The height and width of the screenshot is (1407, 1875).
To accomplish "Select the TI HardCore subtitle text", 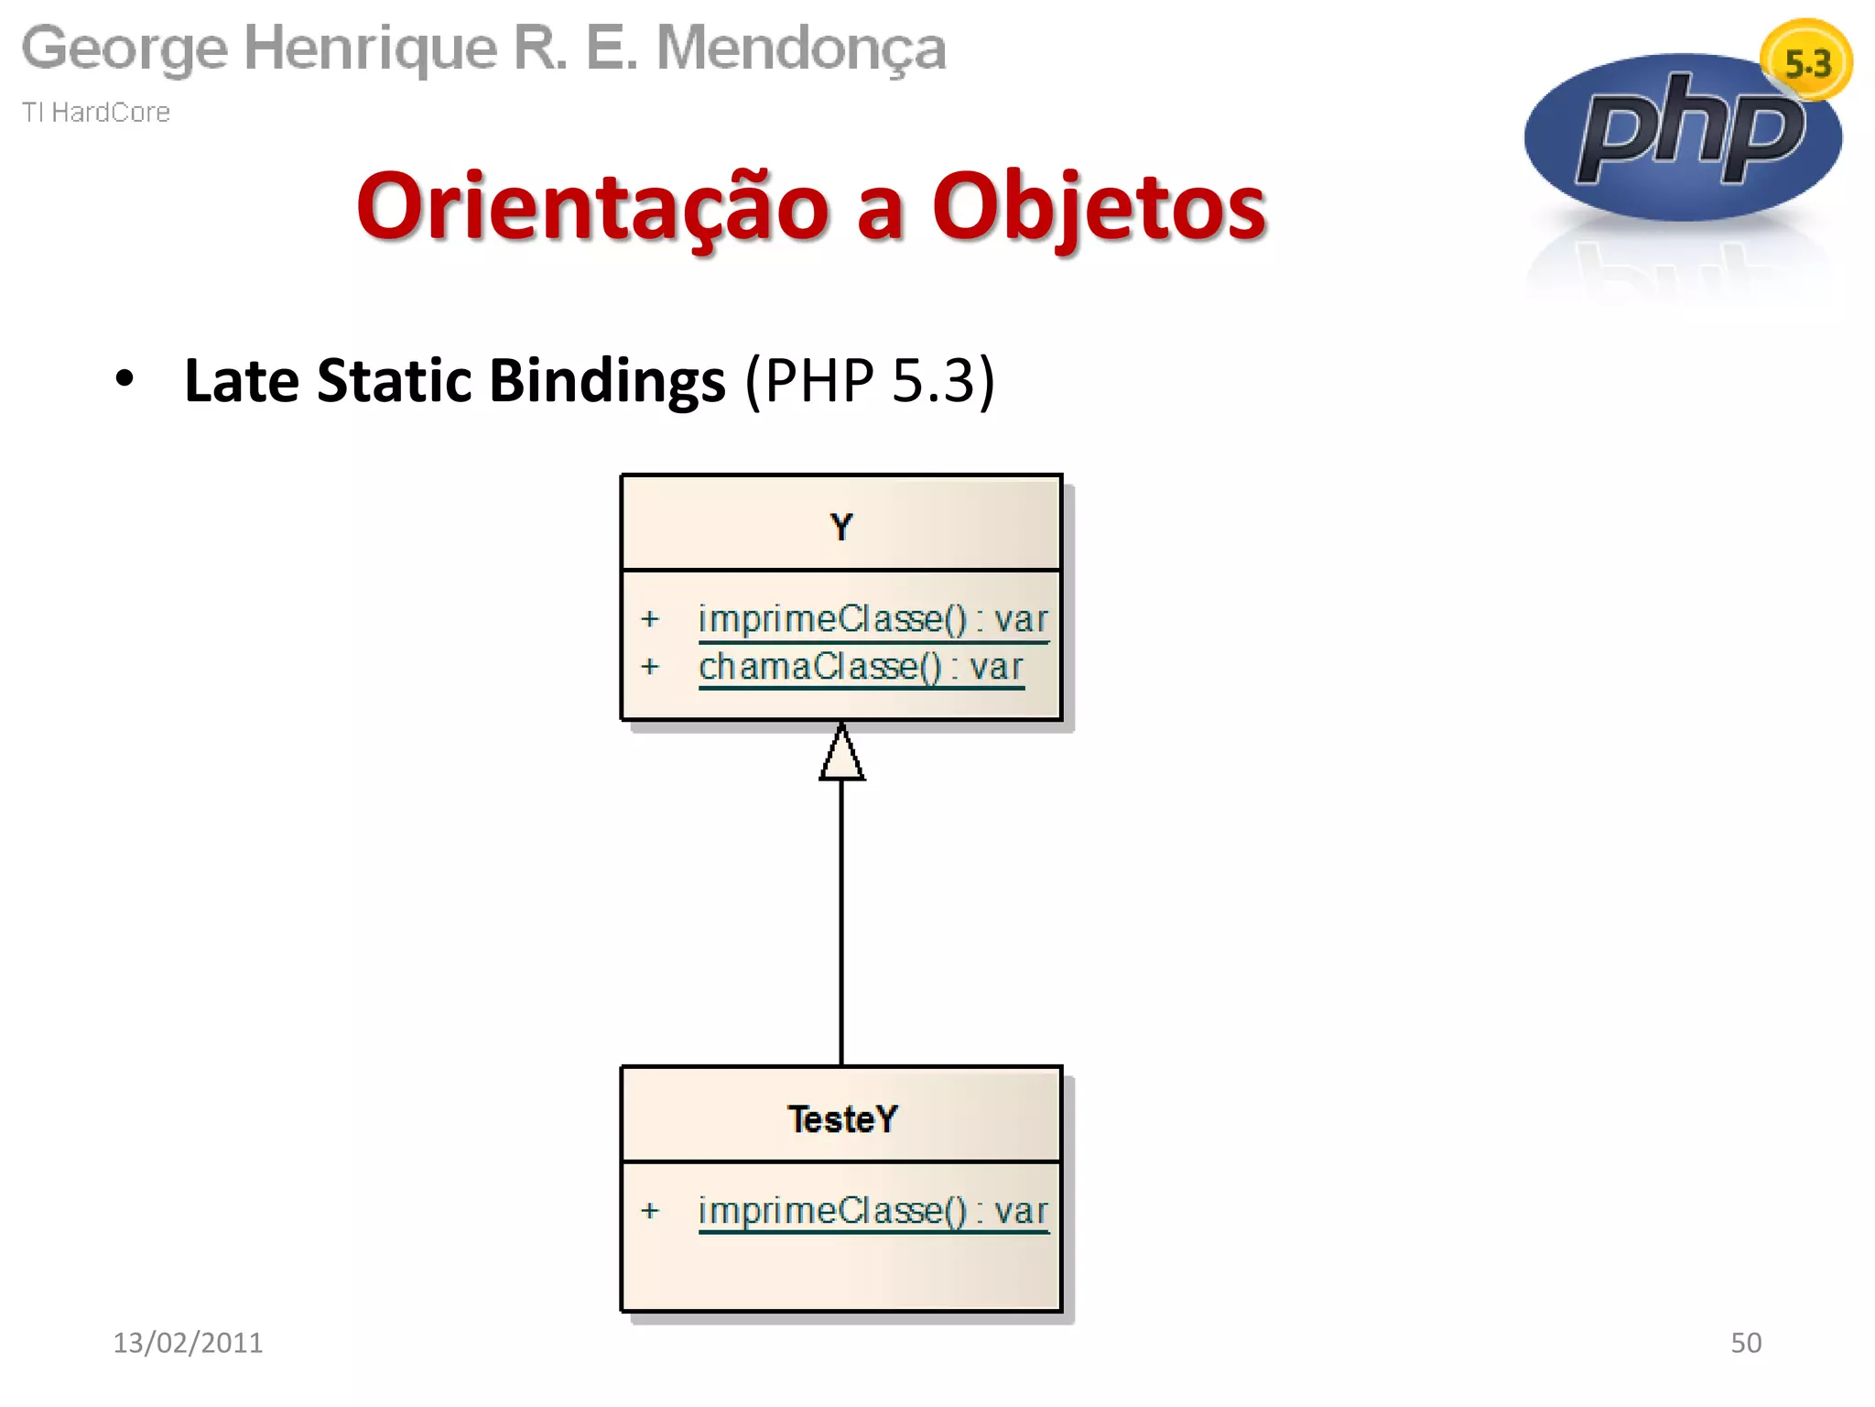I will tap(96, 112).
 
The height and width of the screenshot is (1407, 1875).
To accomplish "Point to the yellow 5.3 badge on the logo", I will tap(1806, 62).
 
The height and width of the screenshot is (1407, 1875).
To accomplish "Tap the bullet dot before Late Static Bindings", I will tap(125, 378).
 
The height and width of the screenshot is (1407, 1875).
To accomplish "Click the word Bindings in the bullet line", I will tap(607, 380).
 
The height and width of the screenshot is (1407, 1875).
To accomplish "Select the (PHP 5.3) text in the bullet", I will tap(870, 380).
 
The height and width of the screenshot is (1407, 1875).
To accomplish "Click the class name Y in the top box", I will tap(841, 527).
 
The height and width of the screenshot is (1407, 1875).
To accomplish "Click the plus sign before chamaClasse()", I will tap(650, 666).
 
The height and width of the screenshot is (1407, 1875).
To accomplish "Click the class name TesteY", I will tap(842, 1118).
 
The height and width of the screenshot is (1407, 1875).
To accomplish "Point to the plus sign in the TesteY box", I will tap(650, 1211).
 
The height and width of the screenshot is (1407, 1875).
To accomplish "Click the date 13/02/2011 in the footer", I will tap(188, 1342).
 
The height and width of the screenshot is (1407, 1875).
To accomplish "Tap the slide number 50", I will tap(1745, 1342).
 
